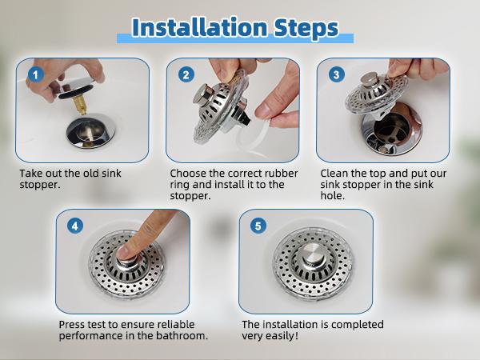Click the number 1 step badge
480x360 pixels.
[36, 74]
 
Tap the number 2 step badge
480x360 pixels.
[186, 74]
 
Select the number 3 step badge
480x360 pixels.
[337, 74]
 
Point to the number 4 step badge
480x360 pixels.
[75, 226]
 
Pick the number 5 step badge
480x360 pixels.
[258, 226]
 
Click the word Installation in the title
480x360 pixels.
[199, 27]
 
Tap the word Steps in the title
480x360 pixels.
[306, 28]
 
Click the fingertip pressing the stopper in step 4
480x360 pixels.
[125, 253]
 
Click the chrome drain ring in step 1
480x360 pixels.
[90, 131]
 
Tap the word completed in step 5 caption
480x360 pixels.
[358, 325]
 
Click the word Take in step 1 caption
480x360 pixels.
[31, 174]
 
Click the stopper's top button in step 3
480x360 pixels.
[368, 79]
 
